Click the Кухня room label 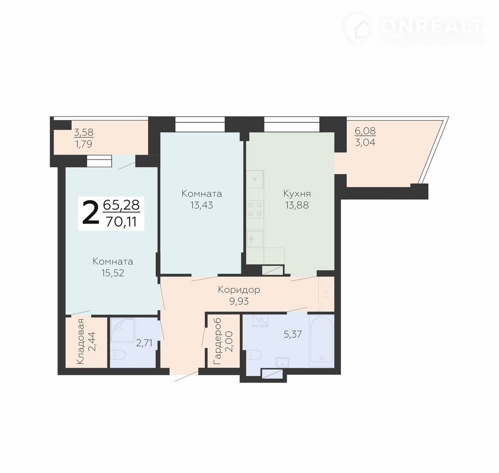click(x=297, y=193)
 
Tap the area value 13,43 click(x=202, y=205)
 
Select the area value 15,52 click(x=113, y=273)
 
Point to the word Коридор click(x=239, y=290)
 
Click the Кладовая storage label click(x=81, y=341)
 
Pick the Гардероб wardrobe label click(x=218, y=341)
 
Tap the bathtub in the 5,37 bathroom click(x=321, y=340)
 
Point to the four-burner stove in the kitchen click(x=255, y=209)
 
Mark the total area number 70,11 click(x=121, y=221)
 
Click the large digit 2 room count click(x=90, y=213)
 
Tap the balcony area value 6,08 click(x=365, y=130)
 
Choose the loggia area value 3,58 click(x=83, y=132)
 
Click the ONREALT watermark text click(x=431, y=27)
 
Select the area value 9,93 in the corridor click(x=239, y=301)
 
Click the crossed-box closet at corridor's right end click(x=326, y=294)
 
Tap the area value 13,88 click(x=297, y=205)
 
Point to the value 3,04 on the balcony click(x=365, y=142)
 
